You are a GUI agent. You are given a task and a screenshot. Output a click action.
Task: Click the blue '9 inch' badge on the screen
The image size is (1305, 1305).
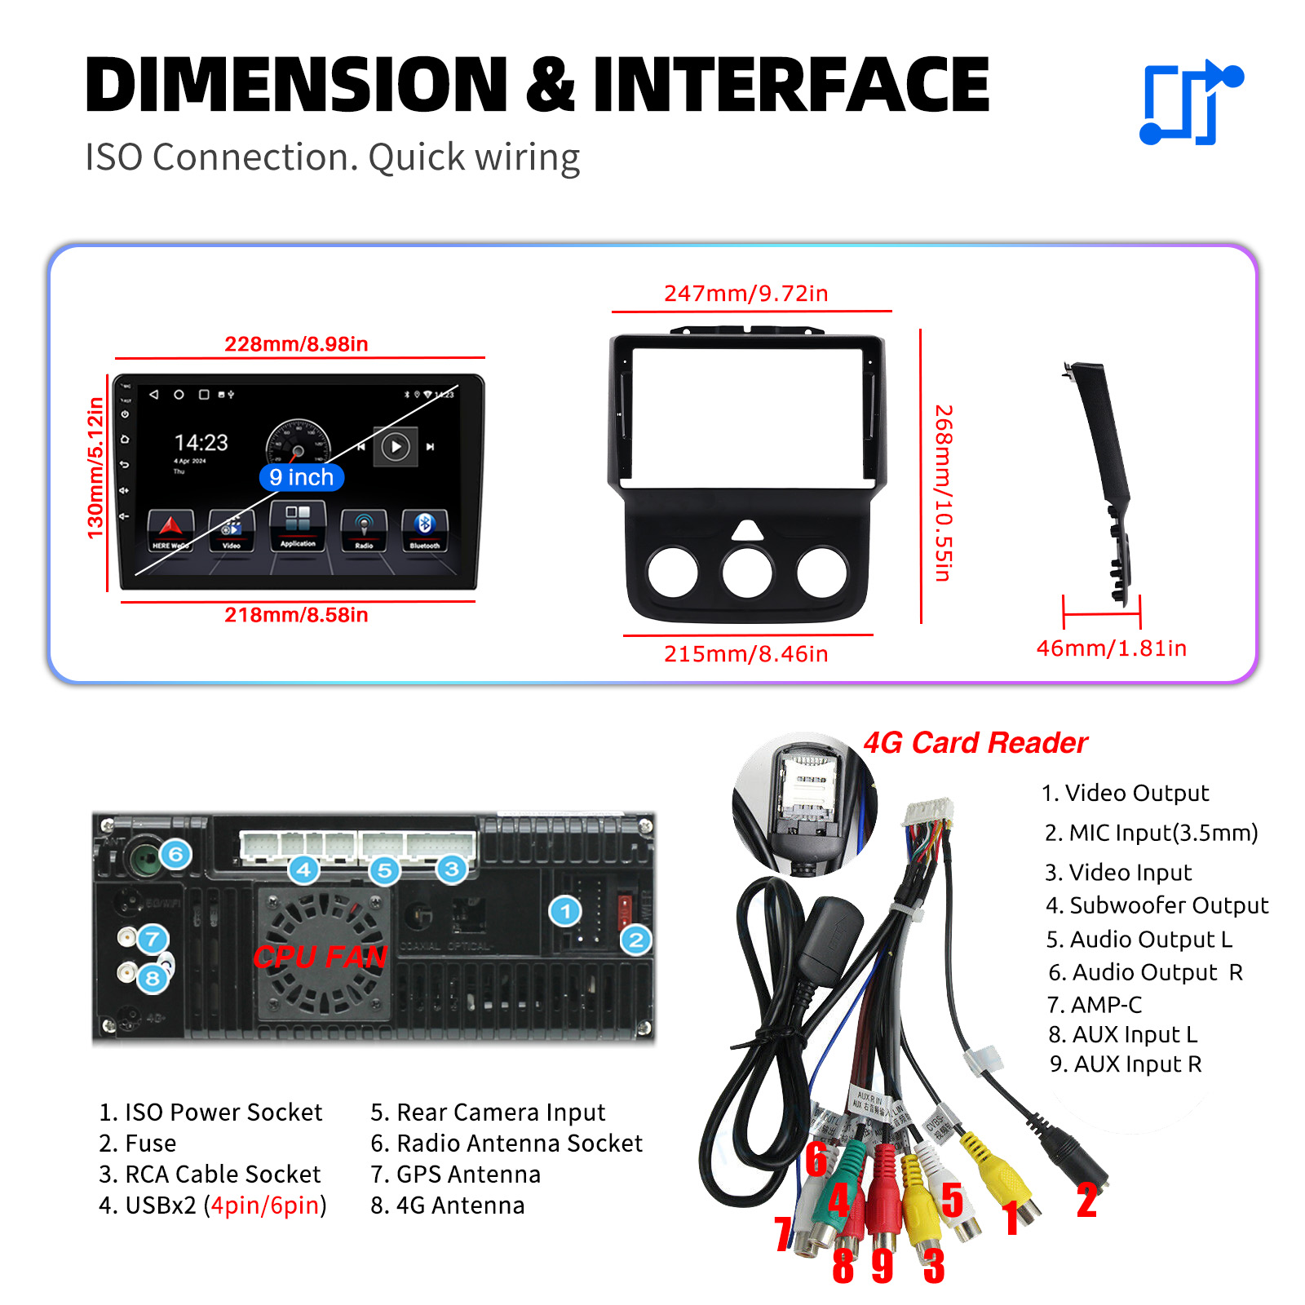click(302, 477)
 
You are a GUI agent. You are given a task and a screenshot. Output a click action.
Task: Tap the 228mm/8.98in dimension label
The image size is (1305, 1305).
click(296, 344)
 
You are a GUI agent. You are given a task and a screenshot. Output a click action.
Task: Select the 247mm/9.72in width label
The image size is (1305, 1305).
click(745, 294)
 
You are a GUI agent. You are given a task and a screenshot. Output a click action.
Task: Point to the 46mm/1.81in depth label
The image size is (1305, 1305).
click(1111, 648)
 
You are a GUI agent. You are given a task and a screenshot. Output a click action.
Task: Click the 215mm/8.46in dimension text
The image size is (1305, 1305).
click(745, 654)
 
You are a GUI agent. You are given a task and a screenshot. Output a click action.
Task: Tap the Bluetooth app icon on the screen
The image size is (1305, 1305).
click(424, 528)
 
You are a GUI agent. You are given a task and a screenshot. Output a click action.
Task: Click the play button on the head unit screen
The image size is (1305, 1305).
click(396, 447)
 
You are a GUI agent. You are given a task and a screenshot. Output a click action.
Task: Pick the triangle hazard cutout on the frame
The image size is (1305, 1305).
click(747, 531)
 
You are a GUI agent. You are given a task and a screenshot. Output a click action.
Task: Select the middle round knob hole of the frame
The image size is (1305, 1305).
click(747, 572)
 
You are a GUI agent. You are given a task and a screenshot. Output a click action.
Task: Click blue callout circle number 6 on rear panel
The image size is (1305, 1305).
click(175, 855)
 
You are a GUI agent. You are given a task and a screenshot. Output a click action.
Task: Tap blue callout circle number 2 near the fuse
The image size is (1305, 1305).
click(636, 940)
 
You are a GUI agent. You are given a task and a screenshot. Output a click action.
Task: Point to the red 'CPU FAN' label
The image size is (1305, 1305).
click(320, 957)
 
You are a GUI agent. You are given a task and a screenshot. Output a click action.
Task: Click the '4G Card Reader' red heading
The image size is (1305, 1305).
click(975, 743)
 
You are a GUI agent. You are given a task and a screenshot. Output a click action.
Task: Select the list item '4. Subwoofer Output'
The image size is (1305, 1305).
click(1157, 905)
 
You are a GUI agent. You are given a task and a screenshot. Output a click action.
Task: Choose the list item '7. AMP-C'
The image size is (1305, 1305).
click(1095, 1005)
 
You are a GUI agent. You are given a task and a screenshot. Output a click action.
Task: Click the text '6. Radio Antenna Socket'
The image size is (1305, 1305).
click(507, 1144)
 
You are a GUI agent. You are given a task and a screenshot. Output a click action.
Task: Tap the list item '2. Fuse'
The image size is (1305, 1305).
click(138, 1144)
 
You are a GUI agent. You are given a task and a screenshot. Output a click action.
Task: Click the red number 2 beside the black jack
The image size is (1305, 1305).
click(1086, 1201)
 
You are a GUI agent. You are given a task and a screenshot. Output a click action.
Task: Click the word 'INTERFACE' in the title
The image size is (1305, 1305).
click(790, 85)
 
